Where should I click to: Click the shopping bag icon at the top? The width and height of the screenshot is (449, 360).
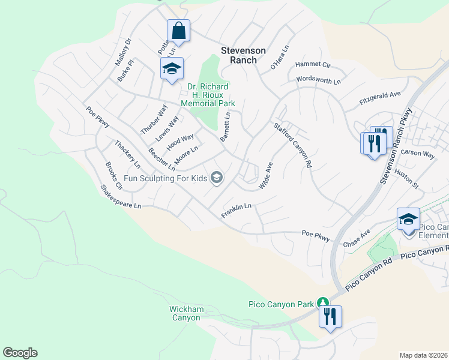pos(178,29)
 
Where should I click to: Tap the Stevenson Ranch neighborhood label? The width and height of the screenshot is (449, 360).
pos(243,51)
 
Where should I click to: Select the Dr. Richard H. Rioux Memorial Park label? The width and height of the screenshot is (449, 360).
pos(208,95)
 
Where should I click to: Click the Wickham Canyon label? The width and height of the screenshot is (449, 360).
pos(186,313)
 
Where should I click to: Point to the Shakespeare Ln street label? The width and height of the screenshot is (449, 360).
pos(121,197)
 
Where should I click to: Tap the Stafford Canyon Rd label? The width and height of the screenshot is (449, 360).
pos(294,145)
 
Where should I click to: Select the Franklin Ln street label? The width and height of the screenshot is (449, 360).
pos(235,210)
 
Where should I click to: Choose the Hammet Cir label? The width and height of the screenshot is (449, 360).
pos(313,65)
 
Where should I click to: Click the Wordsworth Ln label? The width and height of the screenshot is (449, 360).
pos(318,80)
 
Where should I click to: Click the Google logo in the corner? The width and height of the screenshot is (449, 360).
pos(20,353)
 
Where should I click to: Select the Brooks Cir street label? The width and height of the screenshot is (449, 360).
pos(113,176)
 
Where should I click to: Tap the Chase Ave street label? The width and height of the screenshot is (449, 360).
pos(357,240)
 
